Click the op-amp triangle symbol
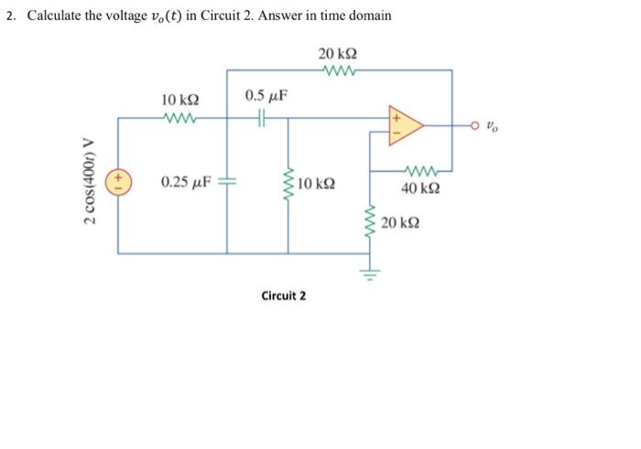point(407,124)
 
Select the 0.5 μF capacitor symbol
point(263,117)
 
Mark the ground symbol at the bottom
point(371,272)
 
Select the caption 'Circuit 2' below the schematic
point(284,295)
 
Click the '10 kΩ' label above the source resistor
point(179,99)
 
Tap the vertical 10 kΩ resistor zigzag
point(288,183)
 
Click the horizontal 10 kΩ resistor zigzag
point(178,117)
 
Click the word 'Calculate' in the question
point(58,16)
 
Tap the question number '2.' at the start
point(12,16)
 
